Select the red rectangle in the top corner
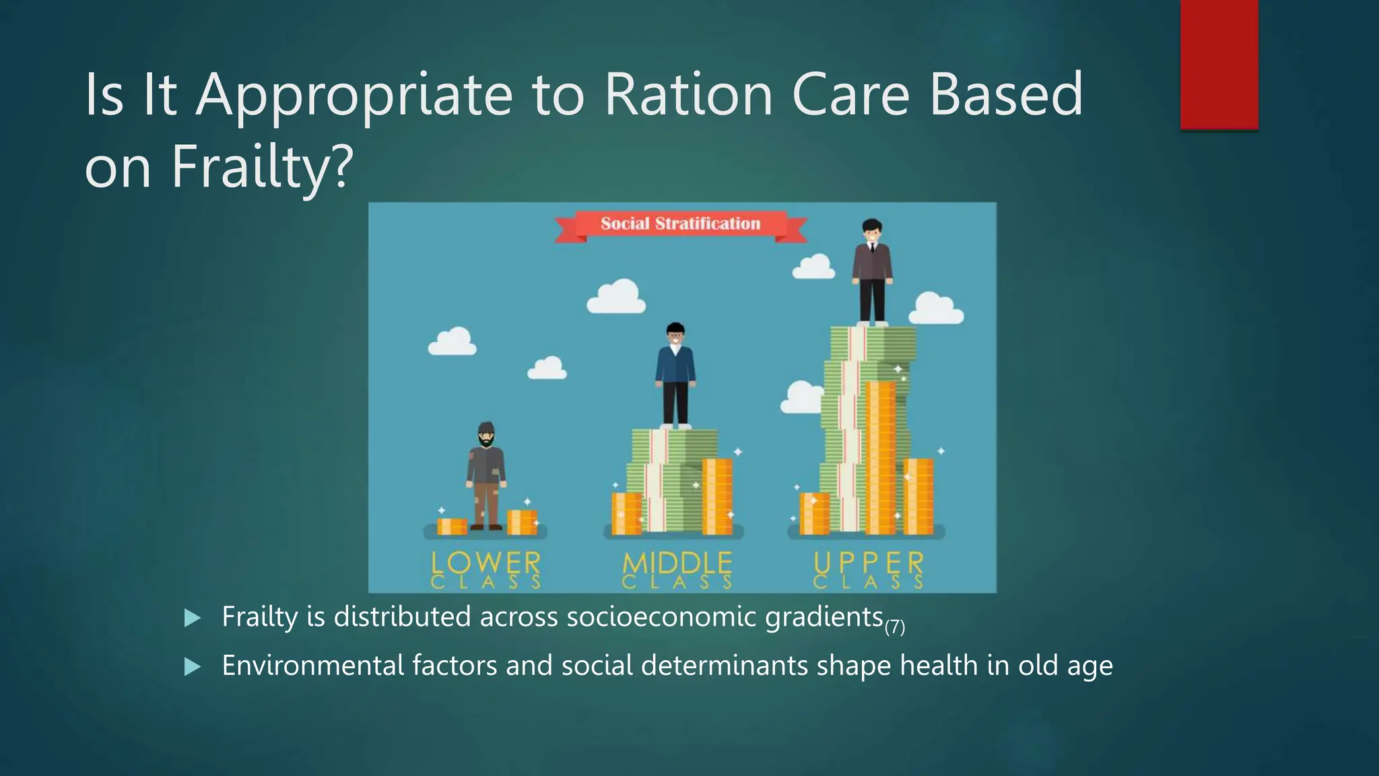point(1219,64)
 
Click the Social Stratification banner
point(680,224)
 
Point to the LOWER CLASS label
point(485,570)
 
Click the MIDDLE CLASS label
point(677,570)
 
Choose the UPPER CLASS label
point(868,570)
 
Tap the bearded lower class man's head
point(486,435)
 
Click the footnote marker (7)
point(895,627)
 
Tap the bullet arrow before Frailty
point(193,618)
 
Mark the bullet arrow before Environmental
point(193,667)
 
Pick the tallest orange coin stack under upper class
point(880,458)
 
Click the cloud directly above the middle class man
point(616,297)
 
